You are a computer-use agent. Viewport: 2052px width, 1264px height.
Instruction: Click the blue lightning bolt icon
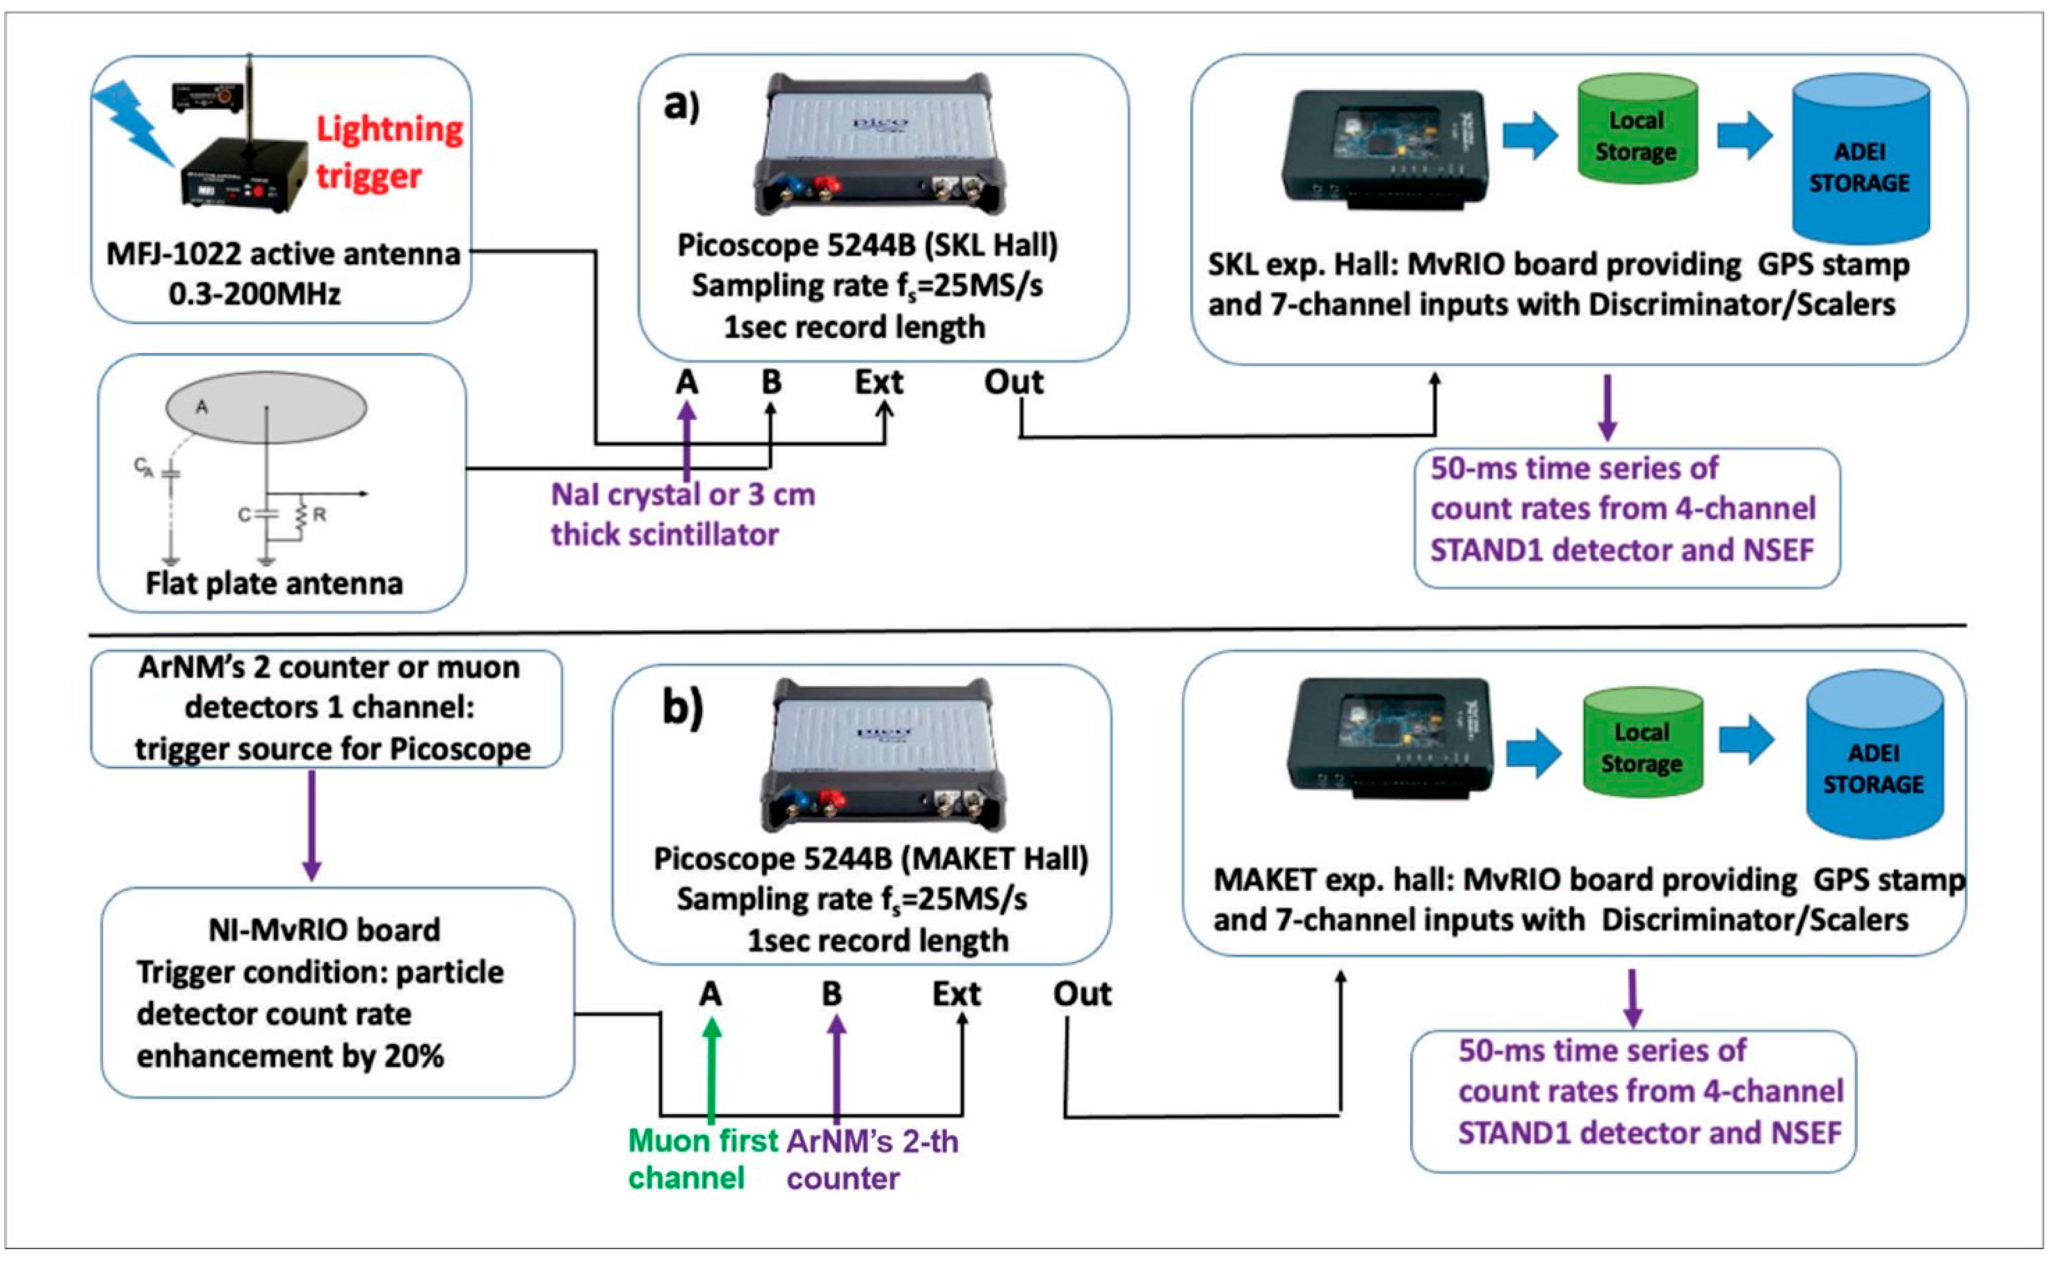click(134, 121)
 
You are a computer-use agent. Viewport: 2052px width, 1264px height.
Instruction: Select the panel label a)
click(681, 106)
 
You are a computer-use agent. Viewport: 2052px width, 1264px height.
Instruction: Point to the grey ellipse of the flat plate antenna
click(266, 407)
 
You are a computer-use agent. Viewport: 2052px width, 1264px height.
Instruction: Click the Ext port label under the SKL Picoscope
click(879, 382)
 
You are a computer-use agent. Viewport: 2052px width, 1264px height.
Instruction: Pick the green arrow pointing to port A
click(711, 1070)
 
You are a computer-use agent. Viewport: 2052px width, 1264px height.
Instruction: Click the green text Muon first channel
click(702, 1159)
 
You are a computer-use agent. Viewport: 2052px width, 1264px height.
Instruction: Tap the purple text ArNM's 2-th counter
click(872, 1159)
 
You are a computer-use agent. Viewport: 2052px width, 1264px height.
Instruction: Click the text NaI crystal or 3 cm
click(683, 495)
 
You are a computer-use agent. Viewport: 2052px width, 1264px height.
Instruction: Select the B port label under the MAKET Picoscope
click(832, 994)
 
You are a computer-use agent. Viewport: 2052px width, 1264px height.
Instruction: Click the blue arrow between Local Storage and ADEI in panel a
click(1745, 136)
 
